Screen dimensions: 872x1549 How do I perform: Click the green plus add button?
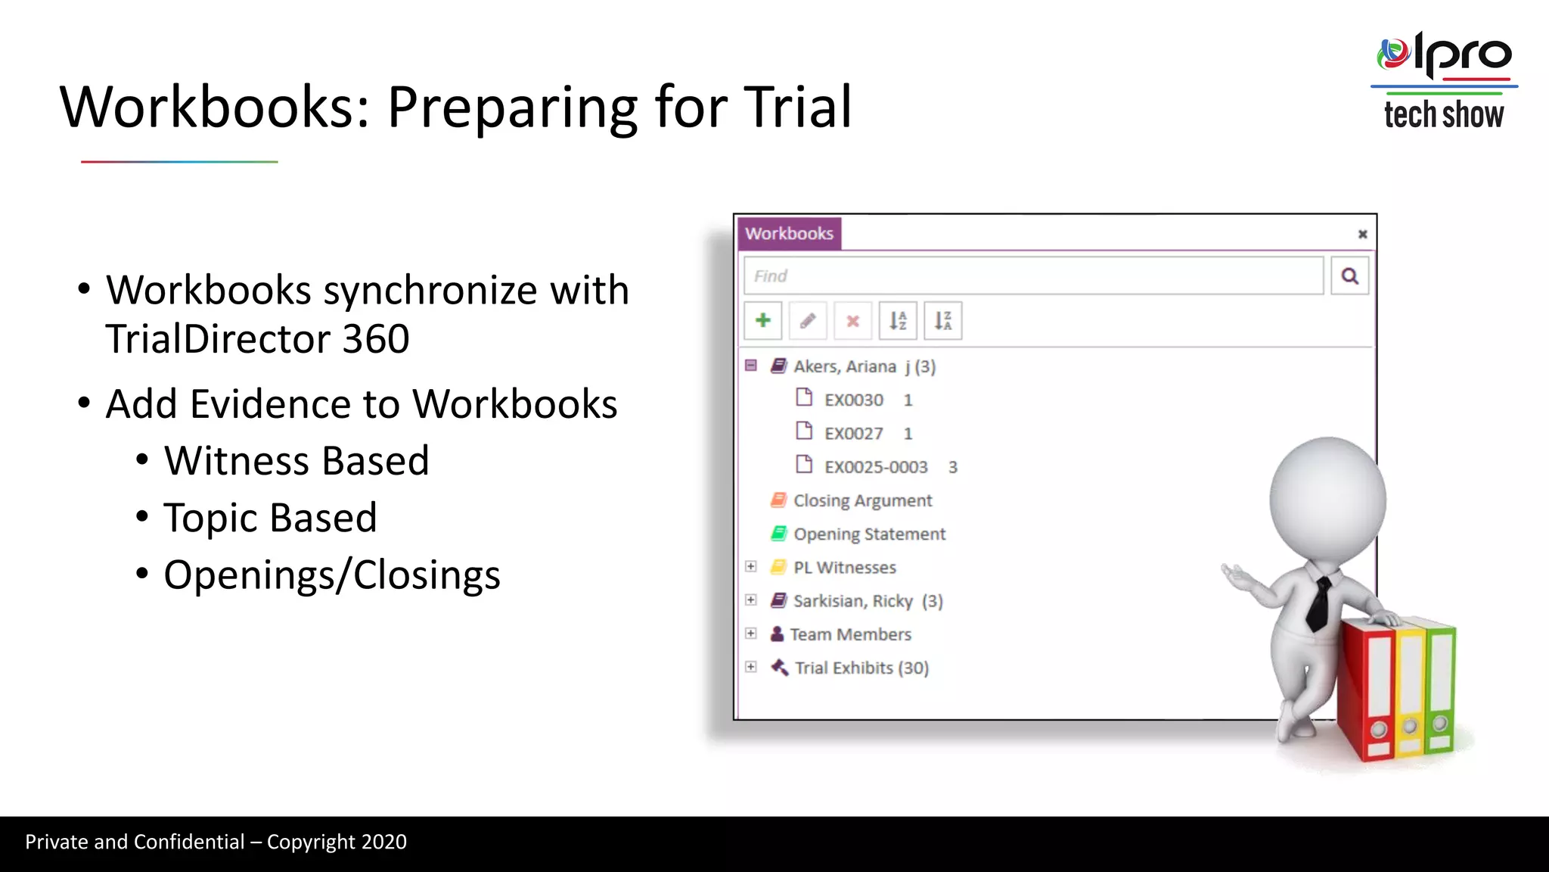point(762,321)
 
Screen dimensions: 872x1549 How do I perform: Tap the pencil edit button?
point(808,321)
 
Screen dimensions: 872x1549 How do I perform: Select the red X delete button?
point(852,321)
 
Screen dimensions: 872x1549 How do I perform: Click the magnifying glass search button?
point(1350,276)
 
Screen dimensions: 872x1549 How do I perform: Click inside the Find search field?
point(1033,276)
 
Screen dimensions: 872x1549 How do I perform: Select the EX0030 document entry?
point(853,400)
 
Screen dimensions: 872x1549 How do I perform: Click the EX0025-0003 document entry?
point(875,467)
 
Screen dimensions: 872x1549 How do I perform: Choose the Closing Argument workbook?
point(862,500)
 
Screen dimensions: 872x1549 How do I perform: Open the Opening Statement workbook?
point(869,534)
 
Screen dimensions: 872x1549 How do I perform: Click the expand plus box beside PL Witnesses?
point(751,567)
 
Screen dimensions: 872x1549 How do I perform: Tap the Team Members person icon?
point(777,634)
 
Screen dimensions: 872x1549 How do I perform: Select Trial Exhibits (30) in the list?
point(861,668)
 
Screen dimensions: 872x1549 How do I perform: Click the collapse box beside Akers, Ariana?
point(751,366)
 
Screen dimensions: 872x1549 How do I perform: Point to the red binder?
point(1367,689)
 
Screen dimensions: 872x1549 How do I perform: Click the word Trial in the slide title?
point(798,107)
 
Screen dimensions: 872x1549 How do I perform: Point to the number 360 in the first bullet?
point(375,339)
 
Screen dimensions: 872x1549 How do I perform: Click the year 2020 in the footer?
point(383,842)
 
